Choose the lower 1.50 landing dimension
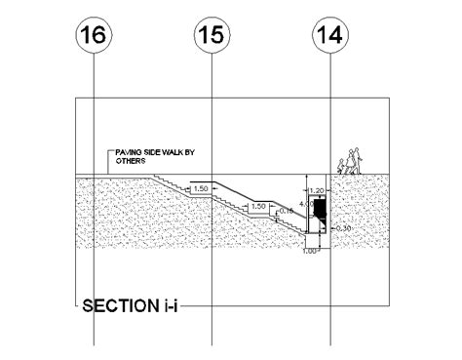point(259,207)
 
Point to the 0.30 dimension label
point(342,228)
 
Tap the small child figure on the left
point(340,167)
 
